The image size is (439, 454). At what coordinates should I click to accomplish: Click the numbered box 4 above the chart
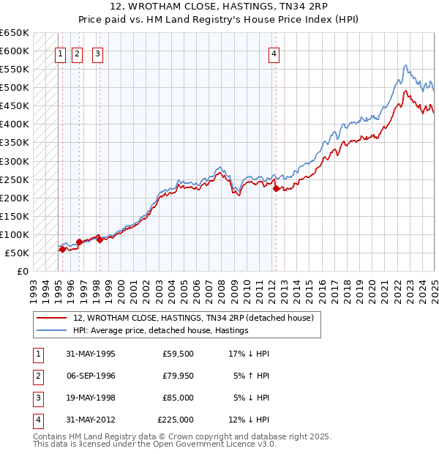(x=274, y=53)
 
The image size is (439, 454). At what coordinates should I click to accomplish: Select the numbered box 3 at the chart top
(x=98, y=53)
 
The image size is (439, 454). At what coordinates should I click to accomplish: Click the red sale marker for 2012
(x=276, y=188)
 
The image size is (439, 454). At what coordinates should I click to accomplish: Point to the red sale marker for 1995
(x=62, y=249)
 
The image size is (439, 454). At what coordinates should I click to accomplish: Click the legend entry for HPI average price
(x=161, y=330)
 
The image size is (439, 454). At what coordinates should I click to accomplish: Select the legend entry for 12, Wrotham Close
(x=193, y=318)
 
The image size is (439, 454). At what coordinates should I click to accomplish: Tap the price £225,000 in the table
(x=176, y=420)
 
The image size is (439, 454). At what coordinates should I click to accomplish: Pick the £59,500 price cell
(x=179, y=354)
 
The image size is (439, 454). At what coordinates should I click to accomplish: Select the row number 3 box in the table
(x=37, y=398)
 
